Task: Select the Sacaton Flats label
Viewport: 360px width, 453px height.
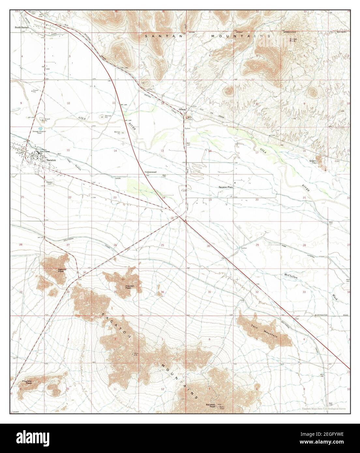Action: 226,188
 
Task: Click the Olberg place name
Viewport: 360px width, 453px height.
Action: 182,109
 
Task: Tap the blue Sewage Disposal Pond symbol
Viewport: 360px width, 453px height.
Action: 40,129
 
